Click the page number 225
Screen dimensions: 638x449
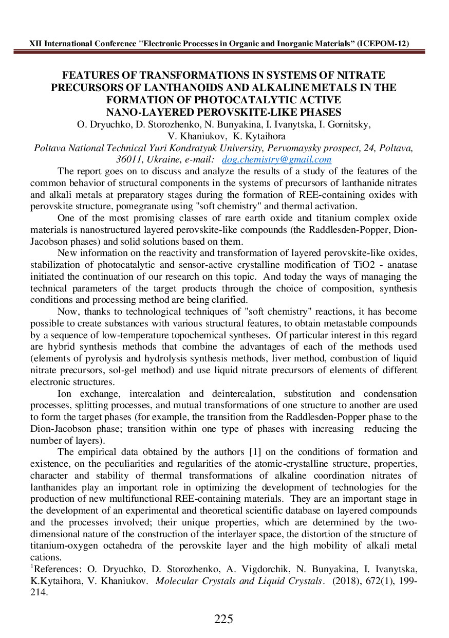(x=223, y=619)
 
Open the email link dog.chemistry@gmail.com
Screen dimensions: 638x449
(x=276, y=159)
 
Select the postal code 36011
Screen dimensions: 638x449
(x=134, y=159)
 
